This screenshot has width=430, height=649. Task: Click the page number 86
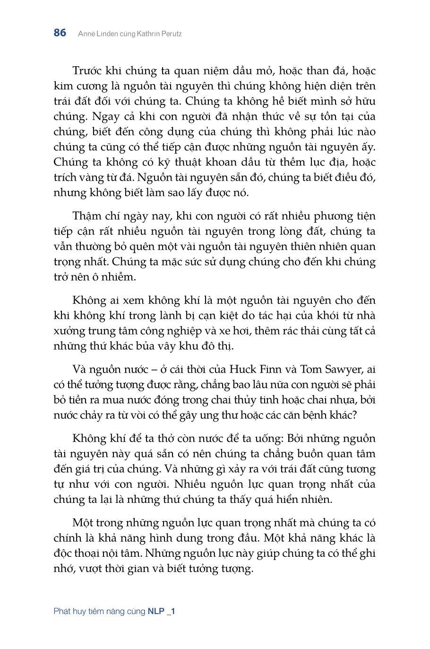click(x=60, y=33)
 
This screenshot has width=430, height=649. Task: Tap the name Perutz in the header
click(x=170, y=34)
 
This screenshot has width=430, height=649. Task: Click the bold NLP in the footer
click(x=156, y=611)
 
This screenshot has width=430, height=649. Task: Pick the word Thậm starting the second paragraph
click(x=87, y=216)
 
